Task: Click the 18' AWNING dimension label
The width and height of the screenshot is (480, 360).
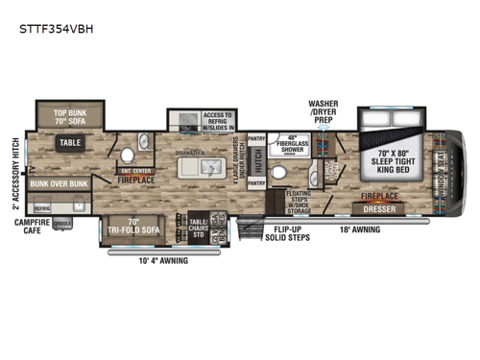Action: coord(360,230)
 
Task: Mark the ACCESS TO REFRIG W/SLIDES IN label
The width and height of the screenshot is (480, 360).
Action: coord(221,123)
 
